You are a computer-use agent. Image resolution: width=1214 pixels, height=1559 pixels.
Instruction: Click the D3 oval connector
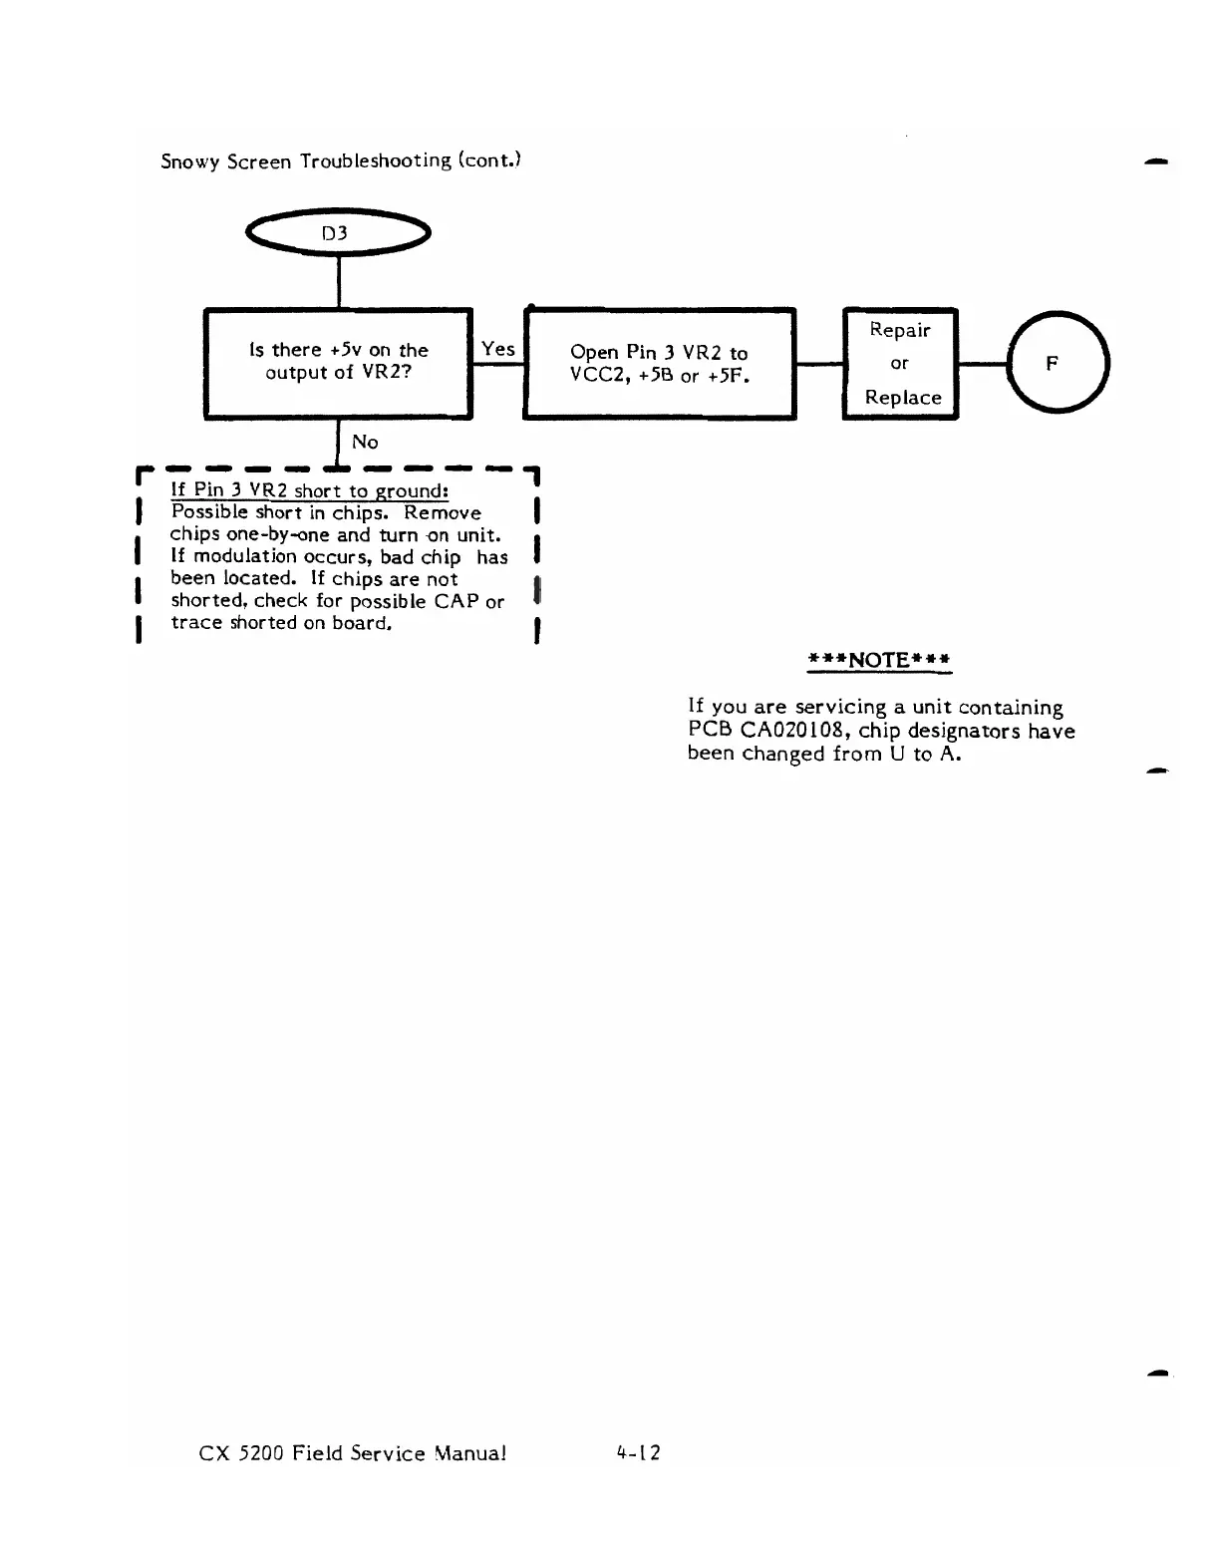point(337,234)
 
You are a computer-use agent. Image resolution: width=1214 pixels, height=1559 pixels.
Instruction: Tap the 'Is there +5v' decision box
point(338,362)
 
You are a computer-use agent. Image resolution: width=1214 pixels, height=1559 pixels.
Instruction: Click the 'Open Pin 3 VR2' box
point(659,364)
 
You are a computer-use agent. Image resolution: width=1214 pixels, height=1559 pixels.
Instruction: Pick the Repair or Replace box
point(900,364)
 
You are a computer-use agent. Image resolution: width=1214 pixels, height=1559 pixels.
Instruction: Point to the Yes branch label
point(497,348)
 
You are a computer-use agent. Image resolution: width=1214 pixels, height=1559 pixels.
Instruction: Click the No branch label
point(365,442)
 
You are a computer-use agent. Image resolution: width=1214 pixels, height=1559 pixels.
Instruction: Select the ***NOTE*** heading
point(879,660)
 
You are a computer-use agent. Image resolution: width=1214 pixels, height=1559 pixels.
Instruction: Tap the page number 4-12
point(639,1452)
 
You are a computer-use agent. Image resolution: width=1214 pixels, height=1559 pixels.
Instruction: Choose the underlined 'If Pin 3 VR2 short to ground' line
point(310,490)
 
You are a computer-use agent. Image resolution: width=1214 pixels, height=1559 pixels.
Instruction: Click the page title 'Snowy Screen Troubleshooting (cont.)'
point(341,161)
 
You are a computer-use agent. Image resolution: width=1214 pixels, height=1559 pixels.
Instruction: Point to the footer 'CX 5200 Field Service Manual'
point(353,1453)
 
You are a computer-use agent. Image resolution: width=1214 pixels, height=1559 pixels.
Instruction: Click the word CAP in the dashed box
point(456,601)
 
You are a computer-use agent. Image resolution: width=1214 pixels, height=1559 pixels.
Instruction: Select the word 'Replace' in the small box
point(903,397)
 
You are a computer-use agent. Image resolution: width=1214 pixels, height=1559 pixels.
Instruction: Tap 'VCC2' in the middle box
point(592,376)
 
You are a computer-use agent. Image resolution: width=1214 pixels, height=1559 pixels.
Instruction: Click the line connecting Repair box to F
point(983,364)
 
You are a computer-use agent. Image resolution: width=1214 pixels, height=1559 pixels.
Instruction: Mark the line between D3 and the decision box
point(339,281)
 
